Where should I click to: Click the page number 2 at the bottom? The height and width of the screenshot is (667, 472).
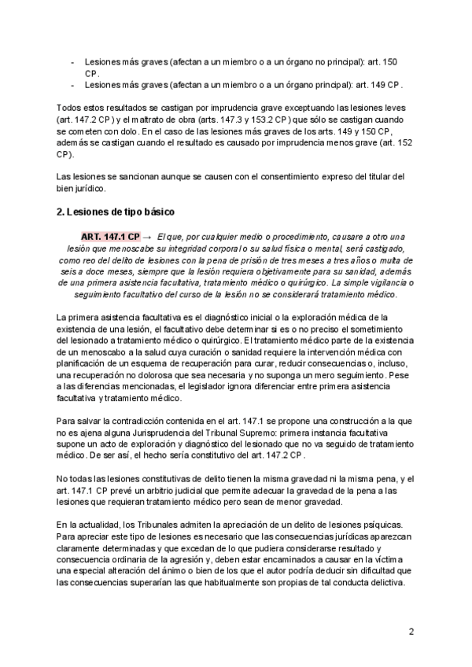(x=411, y=632)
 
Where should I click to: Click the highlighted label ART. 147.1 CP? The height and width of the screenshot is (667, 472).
(x=110, y=236)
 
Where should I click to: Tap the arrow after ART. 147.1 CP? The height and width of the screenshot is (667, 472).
(x=148, y=236)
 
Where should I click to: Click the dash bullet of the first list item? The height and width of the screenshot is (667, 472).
(x=73, y=61)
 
